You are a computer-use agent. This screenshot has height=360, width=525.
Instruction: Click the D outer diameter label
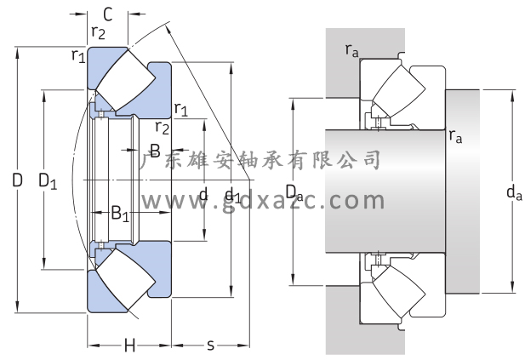coord(17,180)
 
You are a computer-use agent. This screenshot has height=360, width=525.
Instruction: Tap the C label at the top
coord(108,14)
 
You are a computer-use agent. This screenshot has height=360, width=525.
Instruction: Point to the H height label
coord(129,346)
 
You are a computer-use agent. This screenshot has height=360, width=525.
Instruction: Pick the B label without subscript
coord(155,151)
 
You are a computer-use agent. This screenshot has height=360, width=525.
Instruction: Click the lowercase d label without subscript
coord(203,195)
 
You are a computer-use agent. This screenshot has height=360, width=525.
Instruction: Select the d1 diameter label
coord(232,196)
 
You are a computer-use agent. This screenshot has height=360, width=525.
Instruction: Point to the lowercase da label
coord(513,194)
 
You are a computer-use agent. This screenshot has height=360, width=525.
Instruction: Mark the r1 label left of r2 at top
coord(78,56)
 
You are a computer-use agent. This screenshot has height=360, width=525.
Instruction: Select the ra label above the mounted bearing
coord(352,50)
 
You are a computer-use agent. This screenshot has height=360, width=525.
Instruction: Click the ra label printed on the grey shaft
coord(456,135)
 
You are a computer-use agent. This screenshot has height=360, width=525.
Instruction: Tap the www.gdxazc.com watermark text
coord(262,201)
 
